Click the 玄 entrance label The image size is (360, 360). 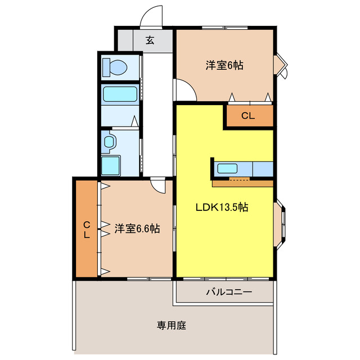150,40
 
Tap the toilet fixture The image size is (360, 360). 116,67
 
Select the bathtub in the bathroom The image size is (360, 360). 120,94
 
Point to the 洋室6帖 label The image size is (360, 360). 224,65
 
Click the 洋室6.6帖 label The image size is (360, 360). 137,229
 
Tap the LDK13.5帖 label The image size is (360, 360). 222,207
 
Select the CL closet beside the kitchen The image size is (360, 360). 249,116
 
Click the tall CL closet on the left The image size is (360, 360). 87,229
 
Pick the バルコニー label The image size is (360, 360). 228,292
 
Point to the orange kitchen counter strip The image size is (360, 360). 242,182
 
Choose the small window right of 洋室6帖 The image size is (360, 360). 281,65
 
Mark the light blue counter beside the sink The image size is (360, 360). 262,168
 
